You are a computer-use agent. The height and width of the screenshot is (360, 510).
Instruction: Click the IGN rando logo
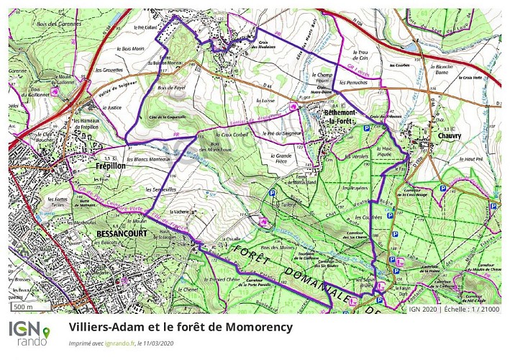point(29,333)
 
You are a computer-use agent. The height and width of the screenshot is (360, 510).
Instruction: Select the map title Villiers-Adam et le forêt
point(181,328)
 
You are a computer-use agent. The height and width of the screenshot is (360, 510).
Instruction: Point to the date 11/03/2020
point(158,343)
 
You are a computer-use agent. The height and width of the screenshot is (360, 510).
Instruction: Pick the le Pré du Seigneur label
point(281,133)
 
